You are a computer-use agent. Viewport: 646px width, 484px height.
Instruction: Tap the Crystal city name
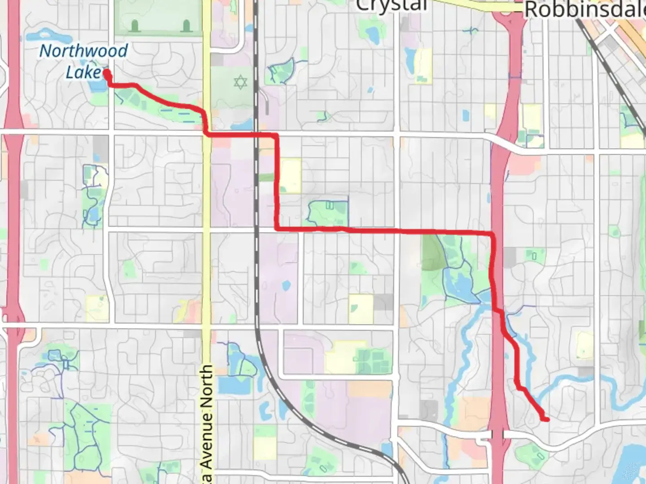pos(391,5)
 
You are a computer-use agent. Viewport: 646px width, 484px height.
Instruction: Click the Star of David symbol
pos(240,82)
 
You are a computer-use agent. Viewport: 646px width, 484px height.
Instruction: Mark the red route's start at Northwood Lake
pos(107,73)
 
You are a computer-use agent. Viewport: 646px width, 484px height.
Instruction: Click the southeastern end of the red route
pos(546,419)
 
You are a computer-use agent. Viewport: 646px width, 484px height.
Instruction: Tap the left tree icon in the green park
pos(135,26)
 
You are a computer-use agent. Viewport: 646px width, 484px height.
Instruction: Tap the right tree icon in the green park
pos(186,26)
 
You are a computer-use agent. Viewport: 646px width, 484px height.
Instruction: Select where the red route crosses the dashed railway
pos(257,134)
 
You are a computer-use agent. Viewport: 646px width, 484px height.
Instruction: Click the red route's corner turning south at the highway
pos(493,234)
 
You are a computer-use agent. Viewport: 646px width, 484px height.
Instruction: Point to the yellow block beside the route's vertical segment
pos(290,176)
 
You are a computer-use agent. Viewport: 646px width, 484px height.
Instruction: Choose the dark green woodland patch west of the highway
pos(431,253)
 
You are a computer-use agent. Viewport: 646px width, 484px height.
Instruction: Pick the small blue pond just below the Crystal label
pos(372,34)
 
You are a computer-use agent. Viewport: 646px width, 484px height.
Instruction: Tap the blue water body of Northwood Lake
pos(96,86)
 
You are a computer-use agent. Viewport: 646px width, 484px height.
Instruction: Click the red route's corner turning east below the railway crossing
pos(277,229)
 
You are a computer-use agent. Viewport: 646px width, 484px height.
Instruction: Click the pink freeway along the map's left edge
pos(13,179)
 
